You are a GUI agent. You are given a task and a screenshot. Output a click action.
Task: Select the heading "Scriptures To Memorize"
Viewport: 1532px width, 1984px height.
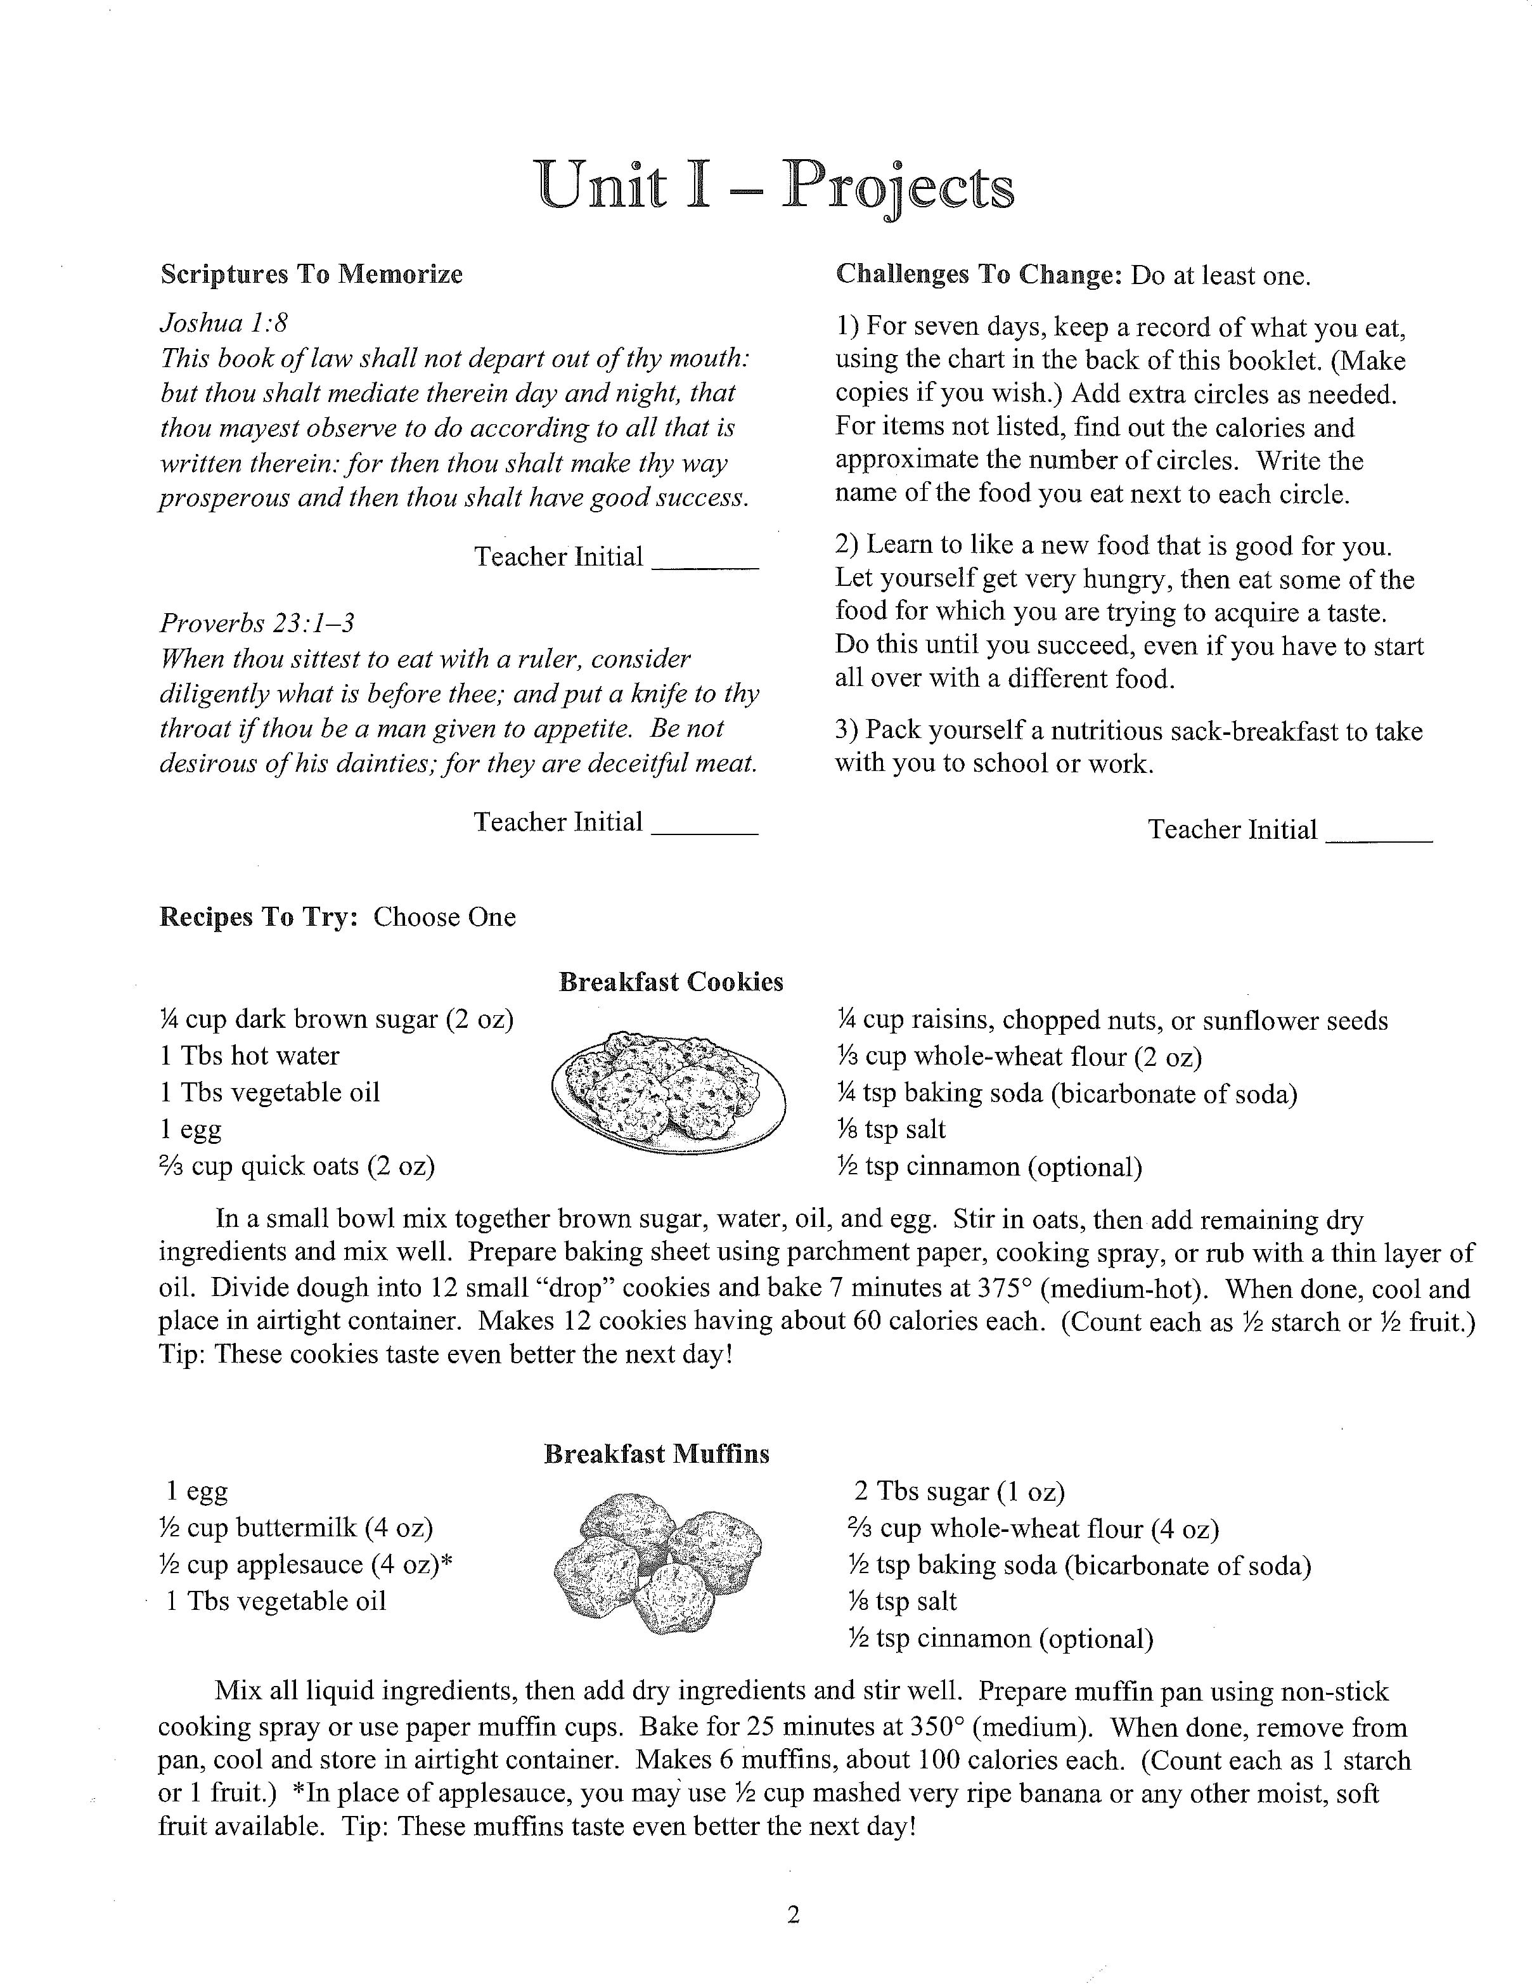coord(311,275)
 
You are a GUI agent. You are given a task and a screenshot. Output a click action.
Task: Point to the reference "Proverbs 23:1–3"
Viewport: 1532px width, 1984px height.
coord(257,623)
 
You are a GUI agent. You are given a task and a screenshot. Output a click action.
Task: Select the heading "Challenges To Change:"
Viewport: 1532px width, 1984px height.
coord(979,275)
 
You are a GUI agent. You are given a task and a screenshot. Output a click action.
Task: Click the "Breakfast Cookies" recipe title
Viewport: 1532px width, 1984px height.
coord(671,982)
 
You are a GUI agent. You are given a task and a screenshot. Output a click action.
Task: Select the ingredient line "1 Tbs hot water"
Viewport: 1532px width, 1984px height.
coord(250,1056)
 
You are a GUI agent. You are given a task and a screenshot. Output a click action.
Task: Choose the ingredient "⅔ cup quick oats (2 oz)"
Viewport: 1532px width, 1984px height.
coord(297,1165)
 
